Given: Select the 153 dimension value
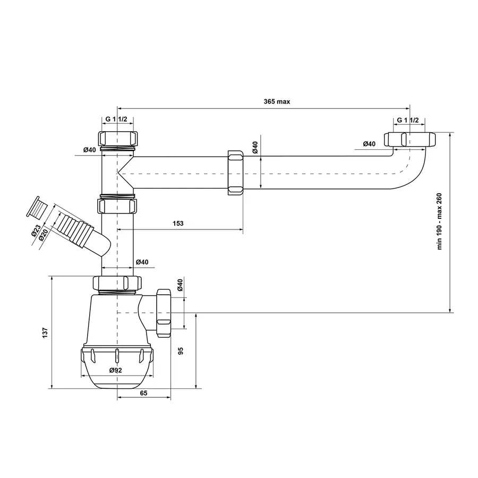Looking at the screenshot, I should point(178,224).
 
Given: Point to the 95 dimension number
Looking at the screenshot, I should point(181,351).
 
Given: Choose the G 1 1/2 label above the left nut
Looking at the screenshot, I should point(116,120).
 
